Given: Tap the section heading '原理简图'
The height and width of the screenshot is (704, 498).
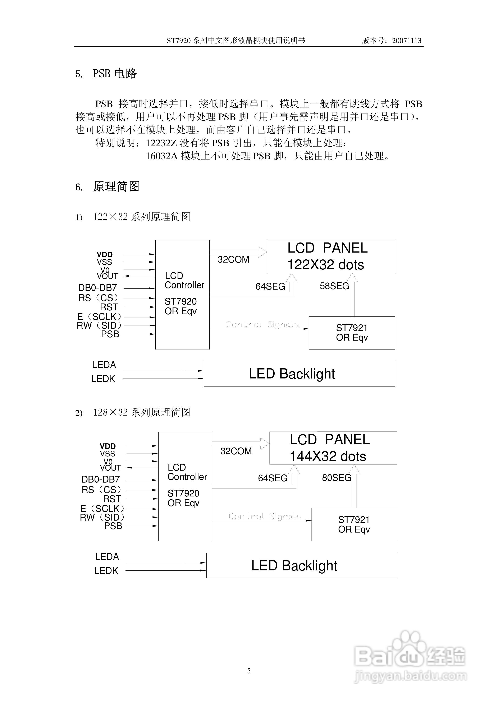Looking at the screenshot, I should [x=116, y=186].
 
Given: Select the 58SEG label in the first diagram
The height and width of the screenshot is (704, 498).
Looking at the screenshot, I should [x=334, y=286].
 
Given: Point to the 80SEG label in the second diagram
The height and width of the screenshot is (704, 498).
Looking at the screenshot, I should [x=337, y=478].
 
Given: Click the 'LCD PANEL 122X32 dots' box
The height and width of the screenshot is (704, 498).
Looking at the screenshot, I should [x=331, y=256].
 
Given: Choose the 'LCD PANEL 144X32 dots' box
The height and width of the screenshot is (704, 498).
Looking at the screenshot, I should [x=333, y=448].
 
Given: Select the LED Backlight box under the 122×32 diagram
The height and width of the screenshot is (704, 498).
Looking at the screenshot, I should [x=299, y=374].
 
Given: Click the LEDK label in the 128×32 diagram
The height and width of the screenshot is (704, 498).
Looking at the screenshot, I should [x=106, y=571].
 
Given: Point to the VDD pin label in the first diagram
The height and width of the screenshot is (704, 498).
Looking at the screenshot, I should [x=105, y=255].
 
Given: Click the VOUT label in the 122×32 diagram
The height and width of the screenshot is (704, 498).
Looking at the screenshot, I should [x=107, y=276].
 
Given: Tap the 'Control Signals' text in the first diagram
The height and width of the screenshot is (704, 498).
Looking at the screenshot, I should [x=262, y=324].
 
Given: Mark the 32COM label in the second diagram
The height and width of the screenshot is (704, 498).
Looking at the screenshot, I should [x=236, y=451].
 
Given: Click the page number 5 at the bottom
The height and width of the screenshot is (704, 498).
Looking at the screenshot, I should [x=249, y=671].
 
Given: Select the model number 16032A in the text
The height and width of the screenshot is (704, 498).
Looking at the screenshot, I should [x=162, y=156].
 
